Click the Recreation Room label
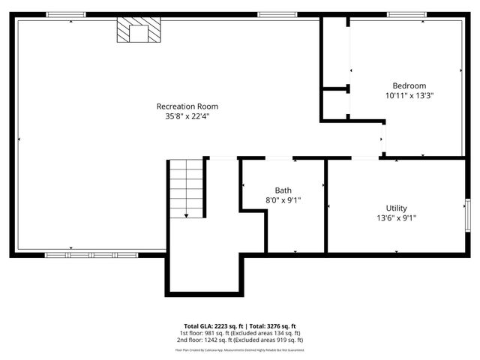point(187,106)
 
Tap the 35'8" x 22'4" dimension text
point(187,116)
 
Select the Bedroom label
point(409,85)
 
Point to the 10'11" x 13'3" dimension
point(409,96)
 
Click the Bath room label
point(283,190)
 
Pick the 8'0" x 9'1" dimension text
point(283,201)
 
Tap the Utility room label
point(397,208)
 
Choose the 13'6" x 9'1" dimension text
point(397,218)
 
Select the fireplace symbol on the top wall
point(139,31)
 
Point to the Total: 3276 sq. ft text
point(273,325)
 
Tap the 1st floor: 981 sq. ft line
point(240,333)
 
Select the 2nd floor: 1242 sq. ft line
point(240,340)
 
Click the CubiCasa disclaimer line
point(240,349)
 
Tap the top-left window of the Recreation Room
point(66,14)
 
